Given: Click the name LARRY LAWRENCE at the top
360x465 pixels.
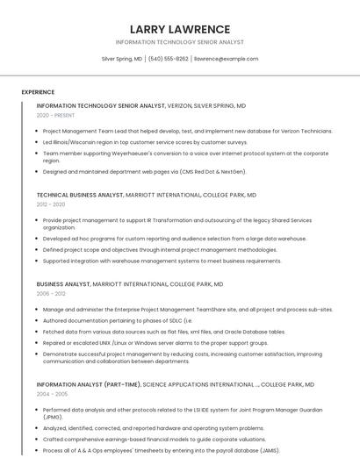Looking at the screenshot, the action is click(x=179, y=29).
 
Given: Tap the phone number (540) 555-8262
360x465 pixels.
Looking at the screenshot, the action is click(x=168, y=59).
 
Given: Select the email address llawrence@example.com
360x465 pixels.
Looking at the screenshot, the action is click(x=226, y=59).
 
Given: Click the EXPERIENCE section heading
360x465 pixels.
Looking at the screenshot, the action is click(x=38, y=92).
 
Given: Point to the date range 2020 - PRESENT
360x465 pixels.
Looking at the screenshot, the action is click(x=55, y=116).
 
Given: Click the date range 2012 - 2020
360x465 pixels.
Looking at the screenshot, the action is click(x=51, y=204).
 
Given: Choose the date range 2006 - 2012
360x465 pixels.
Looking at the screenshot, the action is click(x=51, y=294).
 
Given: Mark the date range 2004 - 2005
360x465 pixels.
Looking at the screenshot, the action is click(x=51, y=394).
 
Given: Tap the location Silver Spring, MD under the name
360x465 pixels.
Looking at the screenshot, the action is click(x=122, y=59).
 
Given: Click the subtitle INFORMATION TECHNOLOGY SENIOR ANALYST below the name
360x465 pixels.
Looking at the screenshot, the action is click(x=179, y=42).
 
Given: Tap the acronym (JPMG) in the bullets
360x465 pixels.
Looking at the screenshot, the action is click(x=53, y=418).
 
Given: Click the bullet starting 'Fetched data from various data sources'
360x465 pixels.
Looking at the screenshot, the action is click(x=164, y=332).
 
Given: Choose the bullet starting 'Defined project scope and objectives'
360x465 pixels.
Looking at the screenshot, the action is click(x=160, y=249).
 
